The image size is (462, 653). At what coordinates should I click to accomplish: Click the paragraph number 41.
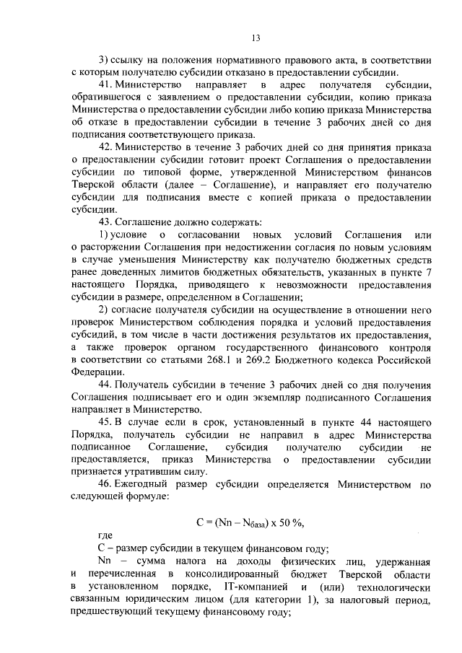105,85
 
